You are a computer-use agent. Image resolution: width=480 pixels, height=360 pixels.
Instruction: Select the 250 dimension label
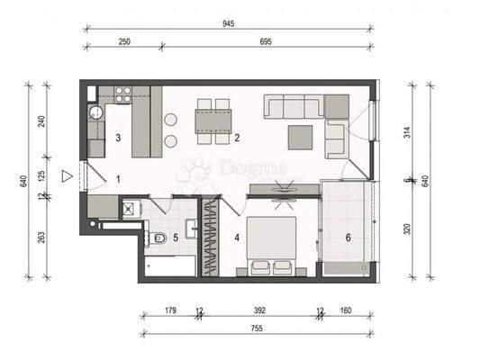(124, 41)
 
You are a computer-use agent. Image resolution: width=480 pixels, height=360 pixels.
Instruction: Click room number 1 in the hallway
(118, 178)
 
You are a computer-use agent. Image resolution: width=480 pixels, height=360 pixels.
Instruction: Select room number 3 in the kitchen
(119, 138)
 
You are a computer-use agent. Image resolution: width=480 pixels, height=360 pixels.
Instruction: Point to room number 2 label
(237, 138)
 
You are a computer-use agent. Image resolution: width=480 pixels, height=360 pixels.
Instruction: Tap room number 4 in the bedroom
(237, 238)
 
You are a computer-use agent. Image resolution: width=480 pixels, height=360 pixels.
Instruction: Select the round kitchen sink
(96, 112)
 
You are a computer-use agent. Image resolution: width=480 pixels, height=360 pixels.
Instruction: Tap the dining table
(213, 121)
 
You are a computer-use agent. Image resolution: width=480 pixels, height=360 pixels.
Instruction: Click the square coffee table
(301, 136)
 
